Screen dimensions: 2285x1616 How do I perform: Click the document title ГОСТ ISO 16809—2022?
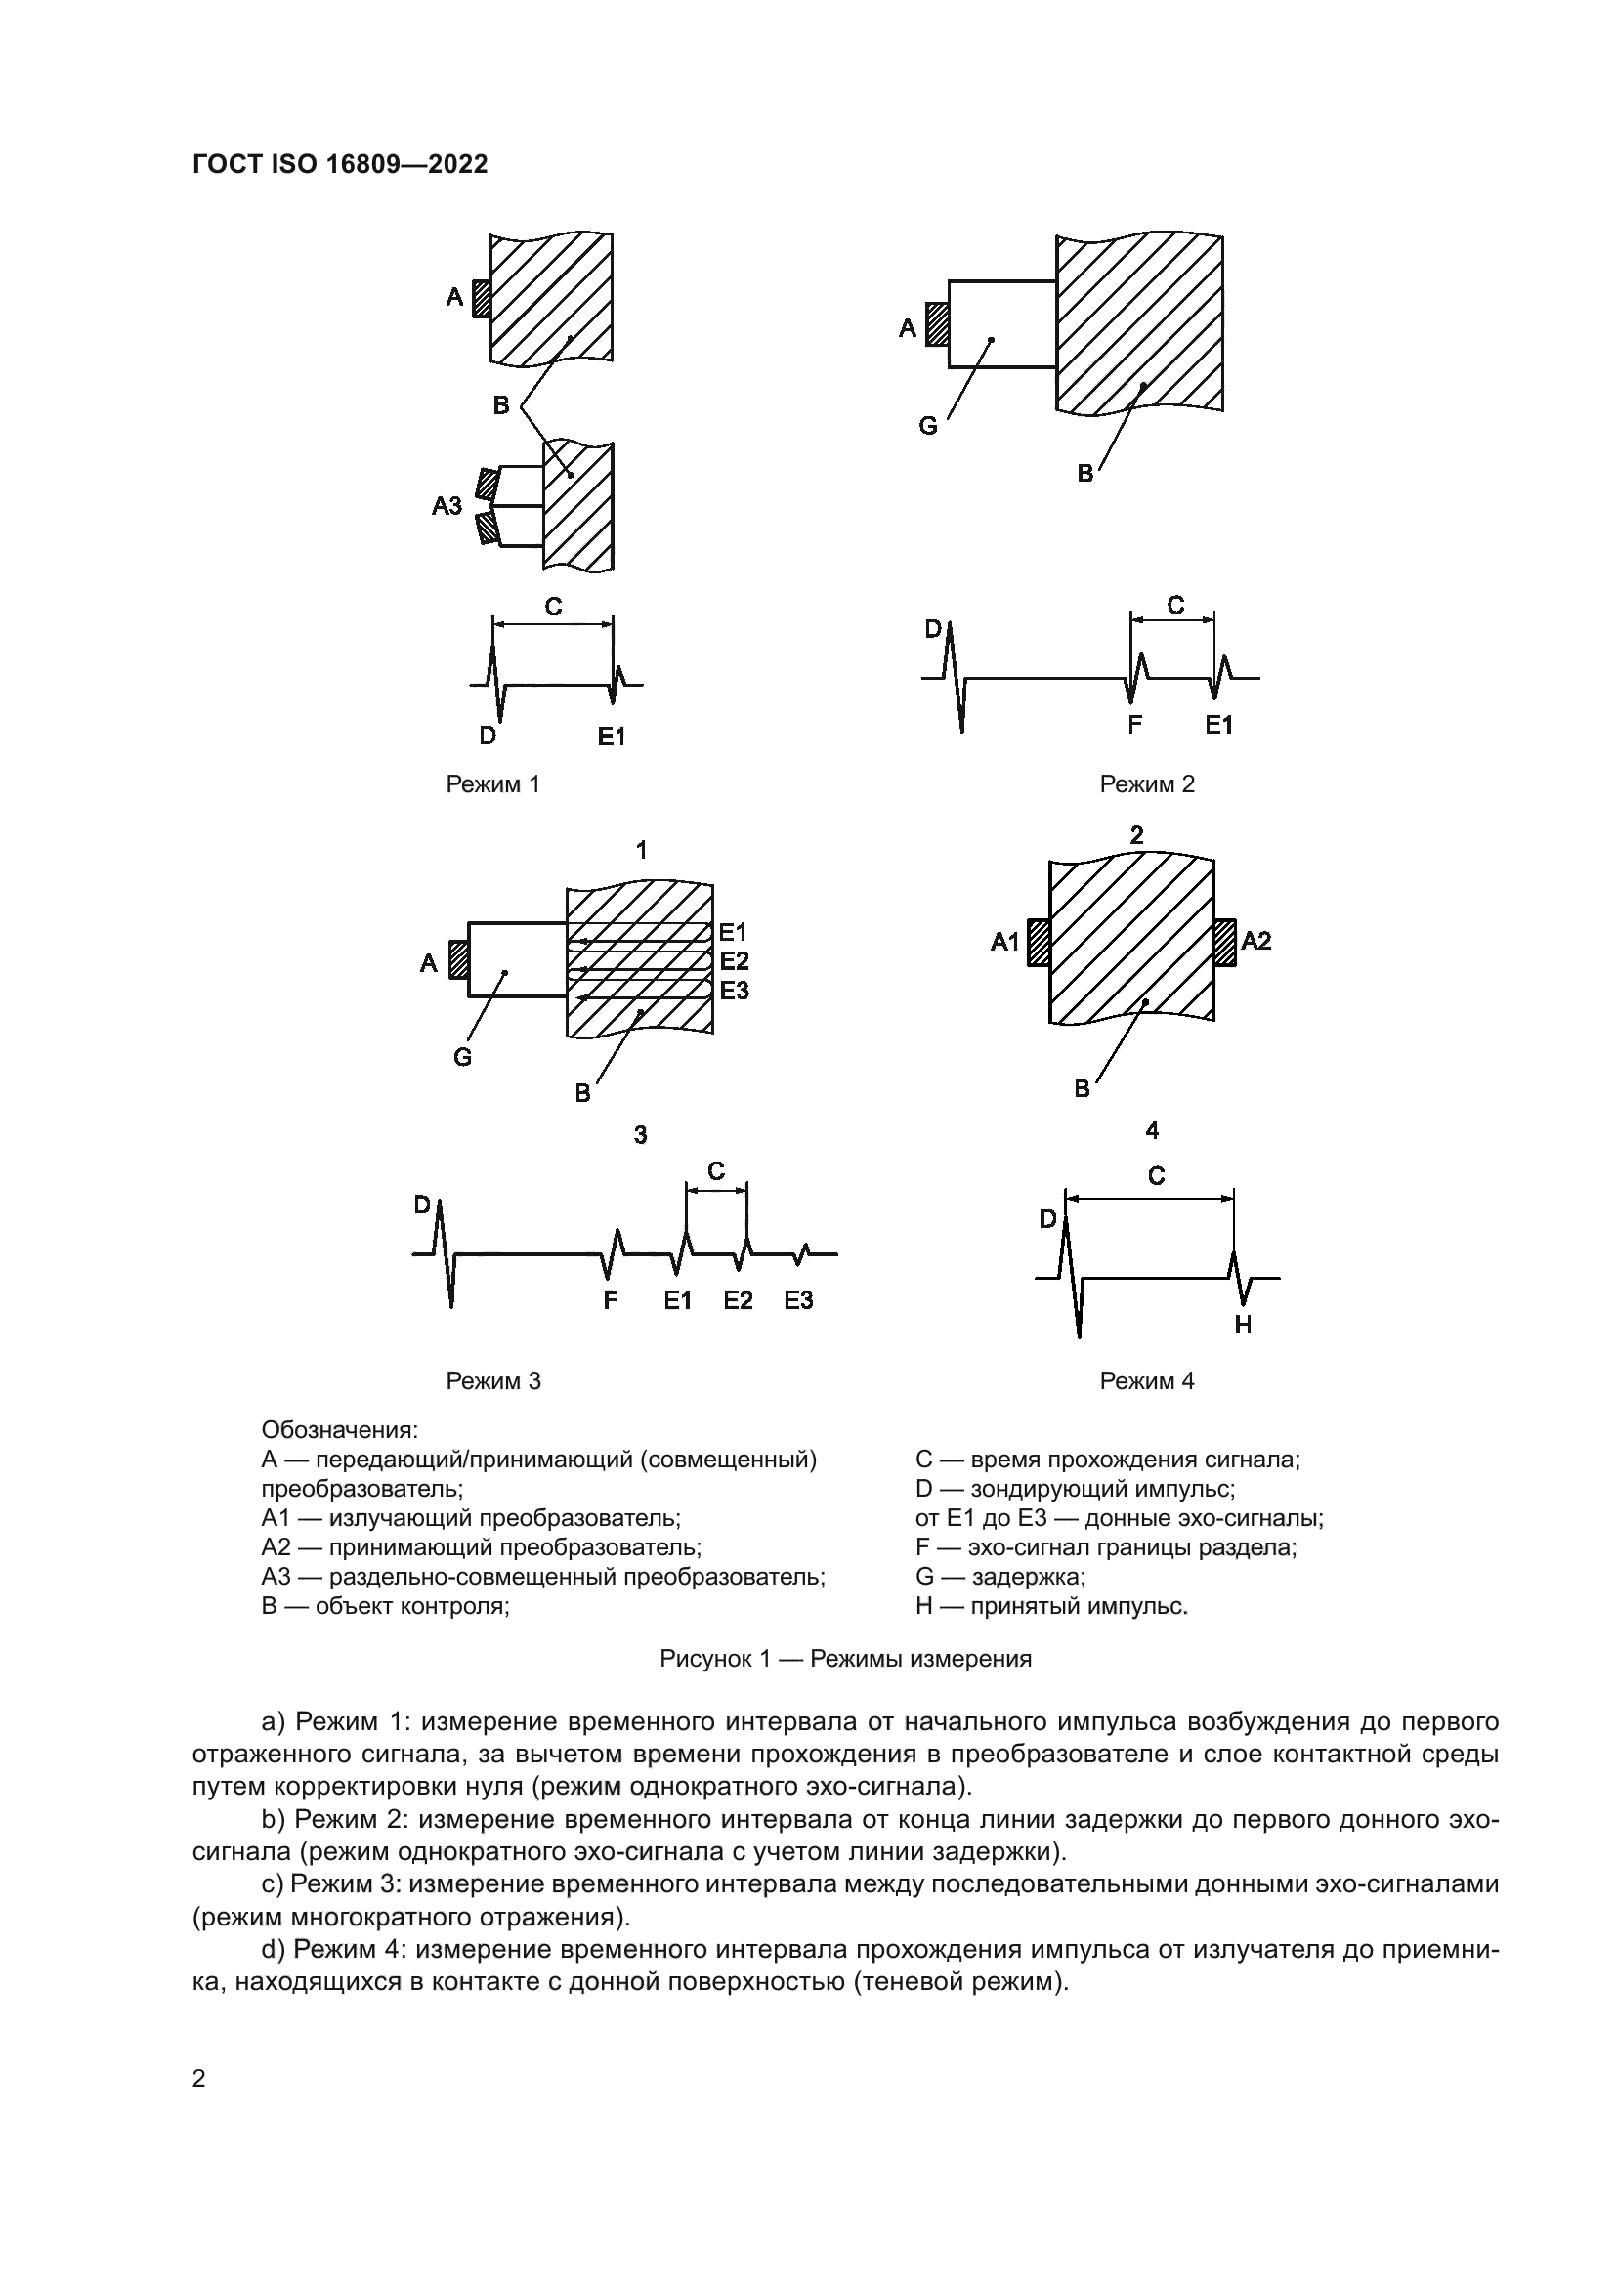coord(340,164)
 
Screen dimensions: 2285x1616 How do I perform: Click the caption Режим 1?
coord(492,784)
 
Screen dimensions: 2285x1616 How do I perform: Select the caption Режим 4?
coord(1146,1380)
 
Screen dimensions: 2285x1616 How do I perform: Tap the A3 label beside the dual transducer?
coord(447,506)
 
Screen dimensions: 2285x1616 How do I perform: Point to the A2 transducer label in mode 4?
coord(1255,941)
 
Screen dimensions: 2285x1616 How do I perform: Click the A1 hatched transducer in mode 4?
coord(1039,943)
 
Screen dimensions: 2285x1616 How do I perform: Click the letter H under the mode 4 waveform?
coord(1243,1325)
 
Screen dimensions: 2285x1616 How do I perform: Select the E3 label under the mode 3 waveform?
coord(798,1300)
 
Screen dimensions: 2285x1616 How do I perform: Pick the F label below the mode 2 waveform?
coord(1134,726)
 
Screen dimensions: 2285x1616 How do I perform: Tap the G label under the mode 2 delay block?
coord(927,426)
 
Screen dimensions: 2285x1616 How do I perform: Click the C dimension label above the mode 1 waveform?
coord(554,606)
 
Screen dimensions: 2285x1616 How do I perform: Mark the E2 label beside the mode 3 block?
coord(735,961)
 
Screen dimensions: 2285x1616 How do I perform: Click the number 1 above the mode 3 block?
coord(642,850)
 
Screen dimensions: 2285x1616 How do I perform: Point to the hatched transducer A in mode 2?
coord(936,324)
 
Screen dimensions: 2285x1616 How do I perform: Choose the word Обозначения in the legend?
coord(339,1430)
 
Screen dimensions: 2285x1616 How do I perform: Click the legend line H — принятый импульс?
coord(1051,1606)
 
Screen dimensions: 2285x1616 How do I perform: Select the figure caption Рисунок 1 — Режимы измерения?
coord(845,1659)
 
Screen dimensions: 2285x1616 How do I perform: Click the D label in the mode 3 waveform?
coord(422,1206)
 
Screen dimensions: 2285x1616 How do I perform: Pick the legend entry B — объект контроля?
coord(385,1606)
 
